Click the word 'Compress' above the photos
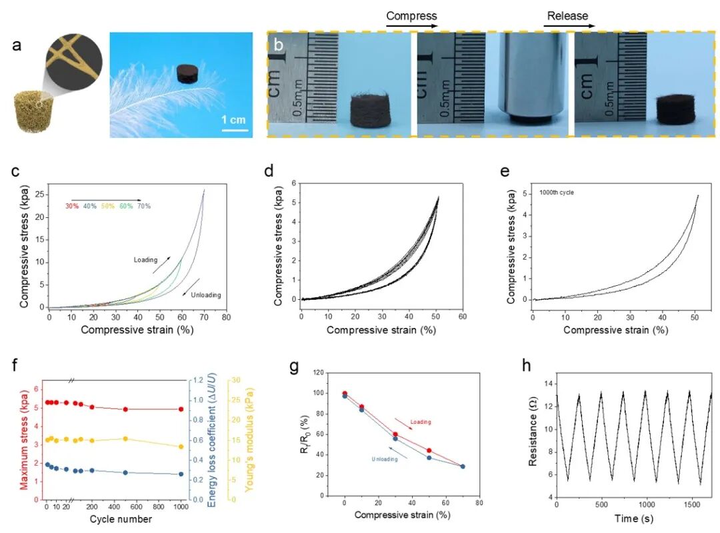point(411,15)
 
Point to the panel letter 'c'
point(16,171)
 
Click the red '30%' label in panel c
point(72,206)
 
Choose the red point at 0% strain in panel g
point(345,394)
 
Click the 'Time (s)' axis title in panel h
point(633,517)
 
